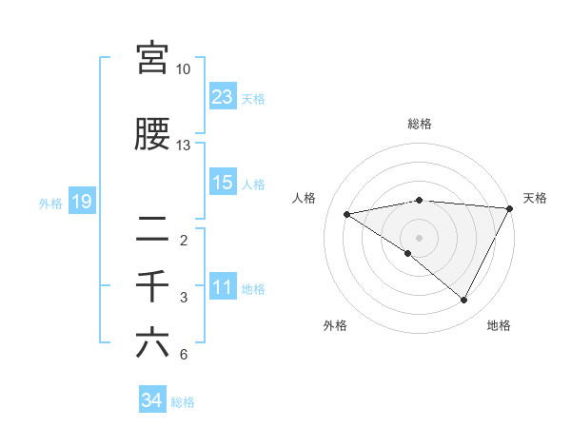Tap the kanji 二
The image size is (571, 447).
pos(152,227)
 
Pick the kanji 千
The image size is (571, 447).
pos(152,285)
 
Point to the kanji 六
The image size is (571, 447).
pos(152,342)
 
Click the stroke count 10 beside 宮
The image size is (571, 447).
pos(184,69)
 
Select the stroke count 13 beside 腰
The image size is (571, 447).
pos(184,146)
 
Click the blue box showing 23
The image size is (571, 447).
pos(223,96)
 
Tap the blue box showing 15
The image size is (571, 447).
pos(223,183)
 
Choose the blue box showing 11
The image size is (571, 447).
pos(223,287)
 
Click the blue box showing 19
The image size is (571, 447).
pos(81,202)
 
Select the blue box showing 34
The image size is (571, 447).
pos(151,400)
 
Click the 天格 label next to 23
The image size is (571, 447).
pos(253,98)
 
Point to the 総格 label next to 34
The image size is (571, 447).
pos(183,402)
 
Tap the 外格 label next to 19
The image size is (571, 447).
pos(50,204)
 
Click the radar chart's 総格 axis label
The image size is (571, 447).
pos(420,124)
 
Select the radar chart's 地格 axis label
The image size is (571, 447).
pos(499,325)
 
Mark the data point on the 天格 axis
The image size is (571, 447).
pos(511,208)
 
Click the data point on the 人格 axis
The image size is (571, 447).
pos(346,214)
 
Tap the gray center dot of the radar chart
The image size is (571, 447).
pos(419,236)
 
